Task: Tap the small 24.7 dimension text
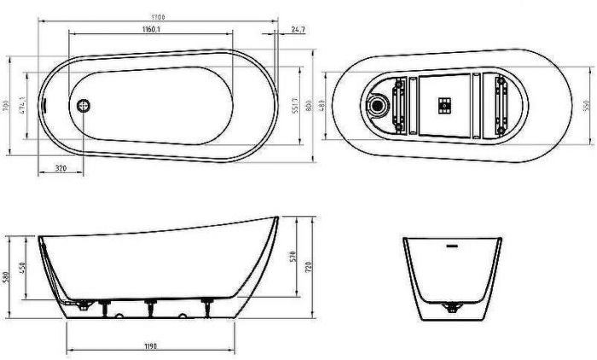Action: coord(298,30)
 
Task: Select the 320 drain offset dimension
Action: coord(61,168)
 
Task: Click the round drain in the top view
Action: coord(84,106)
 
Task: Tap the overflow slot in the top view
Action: coord(44,106)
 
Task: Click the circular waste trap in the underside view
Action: coord(377,107)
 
